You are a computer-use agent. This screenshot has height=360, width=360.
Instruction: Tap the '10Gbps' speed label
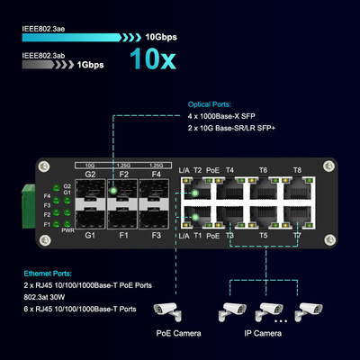click(163, 38)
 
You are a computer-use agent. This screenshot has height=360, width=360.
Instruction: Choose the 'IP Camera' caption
click(263, 333)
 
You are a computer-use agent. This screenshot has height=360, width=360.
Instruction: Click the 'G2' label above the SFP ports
click(90, 173)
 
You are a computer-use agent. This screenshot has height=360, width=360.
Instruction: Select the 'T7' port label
click(296, 235)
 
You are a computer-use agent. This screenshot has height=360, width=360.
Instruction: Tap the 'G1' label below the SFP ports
click(90, 235)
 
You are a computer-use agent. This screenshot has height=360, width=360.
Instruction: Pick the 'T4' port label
click(229, 169)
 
